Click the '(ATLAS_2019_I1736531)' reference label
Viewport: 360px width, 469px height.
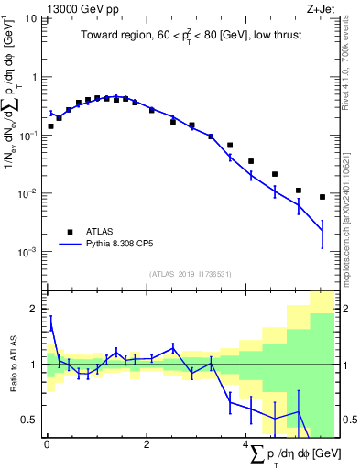(x=190, y=273)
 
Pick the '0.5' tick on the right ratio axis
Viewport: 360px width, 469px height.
(x=347, y=420)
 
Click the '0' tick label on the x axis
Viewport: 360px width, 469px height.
(x=47, y=444)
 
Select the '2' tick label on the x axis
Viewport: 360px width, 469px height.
(x=147, y=444)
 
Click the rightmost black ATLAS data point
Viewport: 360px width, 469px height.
(x=322, y=197)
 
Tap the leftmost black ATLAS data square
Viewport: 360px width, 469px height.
(x=50, y=126)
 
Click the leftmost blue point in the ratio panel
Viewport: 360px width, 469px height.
(x=50, y=323)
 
